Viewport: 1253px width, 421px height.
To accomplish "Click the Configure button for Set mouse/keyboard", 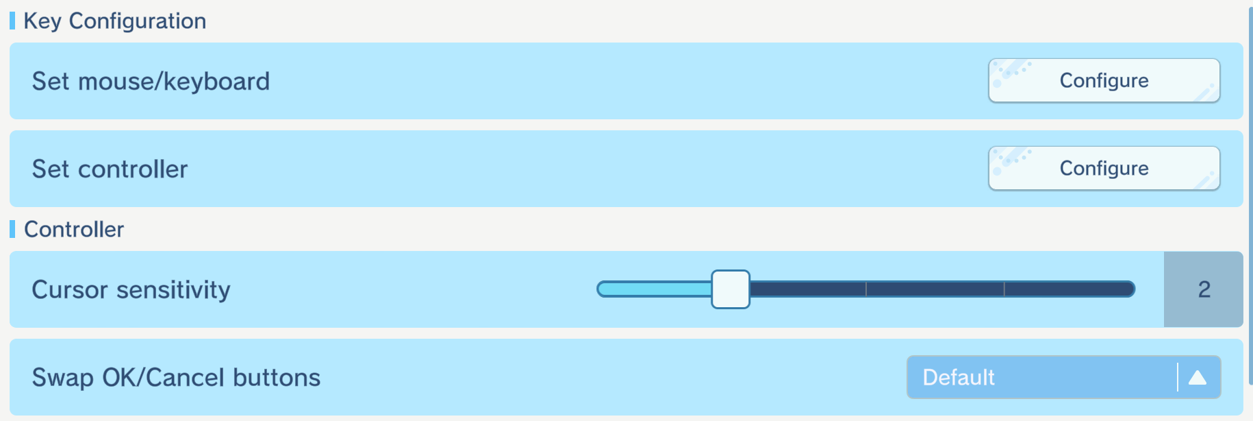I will point(1104,81).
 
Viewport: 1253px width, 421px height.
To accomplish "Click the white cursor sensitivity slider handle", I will point(731,289).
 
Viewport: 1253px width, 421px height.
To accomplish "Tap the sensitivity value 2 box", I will point(1203,289).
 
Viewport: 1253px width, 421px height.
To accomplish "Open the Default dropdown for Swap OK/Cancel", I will point(1063,377).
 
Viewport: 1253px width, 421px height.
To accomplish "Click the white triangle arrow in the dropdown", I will point(1198,377).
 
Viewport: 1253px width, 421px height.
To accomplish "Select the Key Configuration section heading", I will point(114,21).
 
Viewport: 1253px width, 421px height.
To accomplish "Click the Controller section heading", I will point(74,229).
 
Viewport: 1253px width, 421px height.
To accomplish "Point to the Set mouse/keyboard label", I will point(151,82).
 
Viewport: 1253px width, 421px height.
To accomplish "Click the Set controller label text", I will point(110,169).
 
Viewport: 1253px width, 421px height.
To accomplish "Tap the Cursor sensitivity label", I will point(131,290).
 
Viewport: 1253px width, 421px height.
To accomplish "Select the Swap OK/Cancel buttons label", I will point(176,378).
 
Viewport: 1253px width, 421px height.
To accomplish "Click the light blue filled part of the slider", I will point(654,289).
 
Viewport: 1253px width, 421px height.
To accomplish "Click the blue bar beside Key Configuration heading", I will point(12,21).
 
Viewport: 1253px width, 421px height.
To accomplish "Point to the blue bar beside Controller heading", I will point(12,229).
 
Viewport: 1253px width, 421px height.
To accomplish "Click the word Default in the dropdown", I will point(959,377).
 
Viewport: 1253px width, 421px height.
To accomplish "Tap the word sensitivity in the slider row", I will point(173,290).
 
